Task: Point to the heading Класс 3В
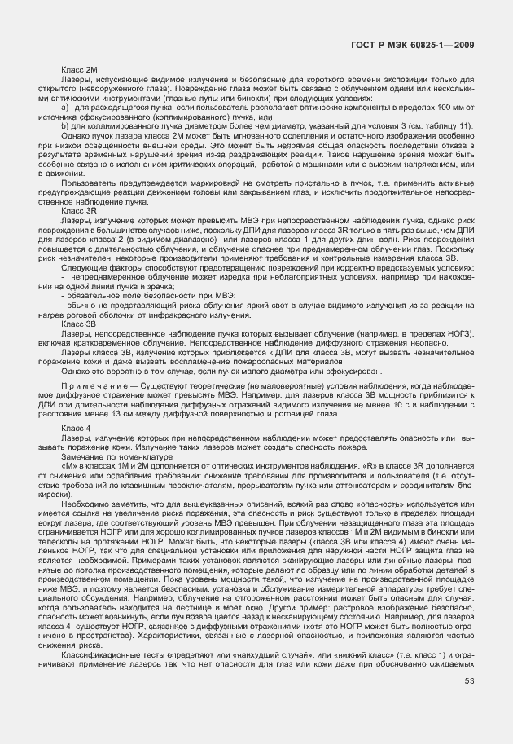point(79,324)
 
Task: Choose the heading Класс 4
point(77,428)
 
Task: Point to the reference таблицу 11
point(449,125)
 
